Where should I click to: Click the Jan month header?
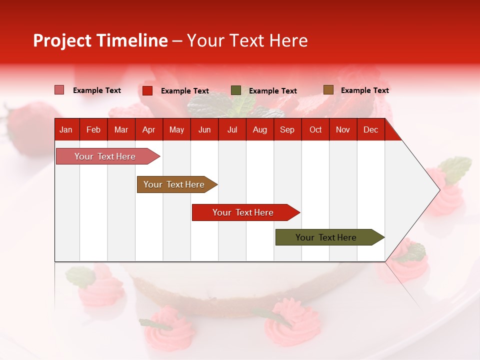coord(66,130)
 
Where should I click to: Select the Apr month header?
coord(148,130)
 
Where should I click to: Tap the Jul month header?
coord(232,130)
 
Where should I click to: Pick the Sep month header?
coord(287,130)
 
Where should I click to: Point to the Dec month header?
coord(370,130)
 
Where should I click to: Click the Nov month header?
coord(342,130)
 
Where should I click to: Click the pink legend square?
coord(59,90)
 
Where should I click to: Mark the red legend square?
coord(147,90)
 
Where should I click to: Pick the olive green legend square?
coord(236,90)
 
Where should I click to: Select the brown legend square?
coord(328,90)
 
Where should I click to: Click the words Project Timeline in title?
coord(100,40)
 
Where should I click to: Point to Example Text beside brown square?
coord(364,90)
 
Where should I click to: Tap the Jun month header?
coord(204,130)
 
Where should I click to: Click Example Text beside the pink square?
coord(97,90)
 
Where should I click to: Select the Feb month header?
coord(93,130)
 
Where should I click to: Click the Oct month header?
coord(315,130)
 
